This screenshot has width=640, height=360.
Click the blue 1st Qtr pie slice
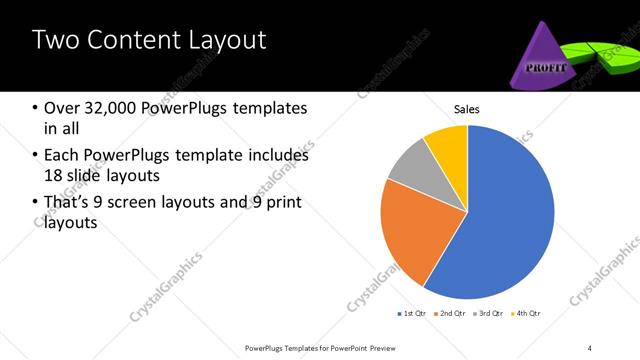(505, 220)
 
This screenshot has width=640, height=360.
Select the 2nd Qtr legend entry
(450, 314)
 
